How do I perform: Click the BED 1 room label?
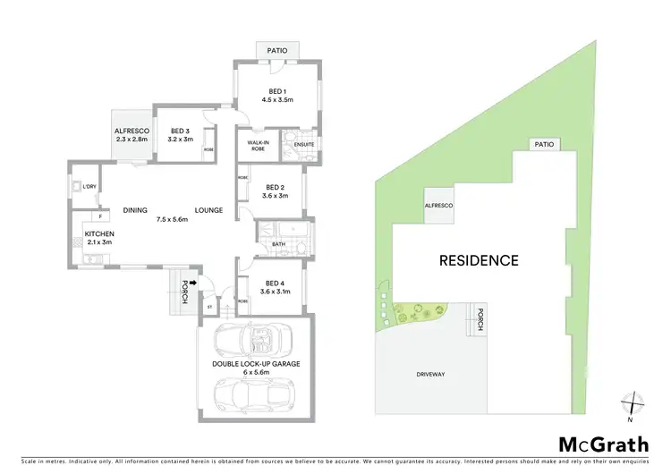[x=277, y=90]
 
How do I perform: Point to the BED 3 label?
[x=182, y=131]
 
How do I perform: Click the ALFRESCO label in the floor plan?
[x=132, y=131]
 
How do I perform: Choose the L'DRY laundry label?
[x=89, y=186]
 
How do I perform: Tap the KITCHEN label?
[x=99, y=233]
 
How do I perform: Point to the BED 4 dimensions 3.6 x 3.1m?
[x=277, y=291]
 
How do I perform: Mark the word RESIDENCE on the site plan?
[x=479, y=261]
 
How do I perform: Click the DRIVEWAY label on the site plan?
[x=430, y=374]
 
